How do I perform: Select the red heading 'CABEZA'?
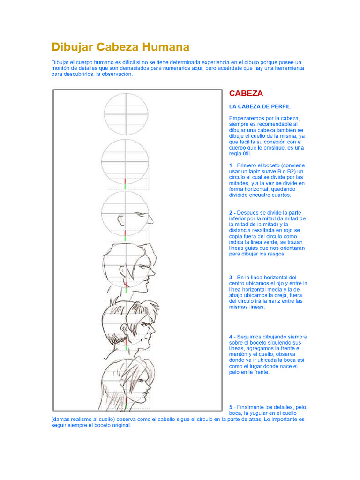[x=246, y=93]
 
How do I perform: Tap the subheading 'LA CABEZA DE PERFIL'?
[x=260, y=106]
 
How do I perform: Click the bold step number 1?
[x=231, y=165]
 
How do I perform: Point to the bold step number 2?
[x=231, y=213]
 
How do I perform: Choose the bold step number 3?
[x=231, y=277]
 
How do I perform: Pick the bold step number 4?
[x=231, y=337]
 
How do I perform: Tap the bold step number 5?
[x=231, y=407]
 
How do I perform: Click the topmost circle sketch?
[x=126, y=114]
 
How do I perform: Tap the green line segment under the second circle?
[x=126, y=186]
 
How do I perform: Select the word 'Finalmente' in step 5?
[x=252, y=407]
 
